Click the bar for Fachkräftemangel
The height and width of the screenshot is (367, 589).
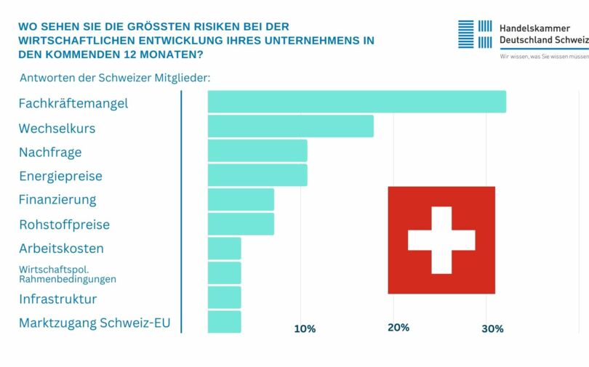pos(356,102)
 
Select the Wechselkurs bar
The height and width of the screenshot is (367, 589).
pos(290,126)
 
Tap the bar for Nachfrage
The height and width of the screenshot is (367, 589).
pos(257,151)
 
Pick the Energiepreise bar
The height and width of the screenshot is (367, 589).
pos(257,175)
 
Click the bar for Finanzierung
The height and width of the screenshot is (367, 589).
pos(241,200)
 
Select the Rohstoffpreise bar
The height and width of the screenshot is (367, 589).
pos(241,224)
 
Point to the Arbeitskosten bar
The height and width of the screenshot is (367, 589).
pos(224,249)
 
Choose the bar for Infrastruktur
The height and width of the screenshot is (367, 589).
pos(224,297)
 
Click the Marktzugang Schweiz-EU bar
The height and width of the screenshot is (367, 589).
pos(224,322)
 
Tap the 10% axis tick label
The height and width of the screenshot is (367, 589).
pos(305,329)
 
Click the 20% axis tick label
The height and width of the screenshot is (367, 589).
pos(398,328)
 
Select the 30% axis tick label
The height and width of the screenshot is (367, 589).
pos(492,329)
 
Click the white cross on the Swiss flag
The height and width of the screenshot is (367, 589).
pos(441,240)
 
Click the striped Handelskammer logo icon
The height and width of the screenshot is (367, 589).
pos(475,34)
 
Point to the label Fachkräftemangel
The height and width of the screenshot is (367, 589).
pos(73,103)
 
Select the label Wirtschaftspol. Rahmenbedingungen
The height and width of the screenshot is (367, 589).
pos(68,274)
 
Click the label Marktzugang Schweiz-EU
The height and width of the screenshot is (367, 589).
pos(95,323)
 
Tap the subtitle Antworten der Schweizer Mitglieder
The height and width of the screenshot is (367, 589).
pos(114,78)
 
